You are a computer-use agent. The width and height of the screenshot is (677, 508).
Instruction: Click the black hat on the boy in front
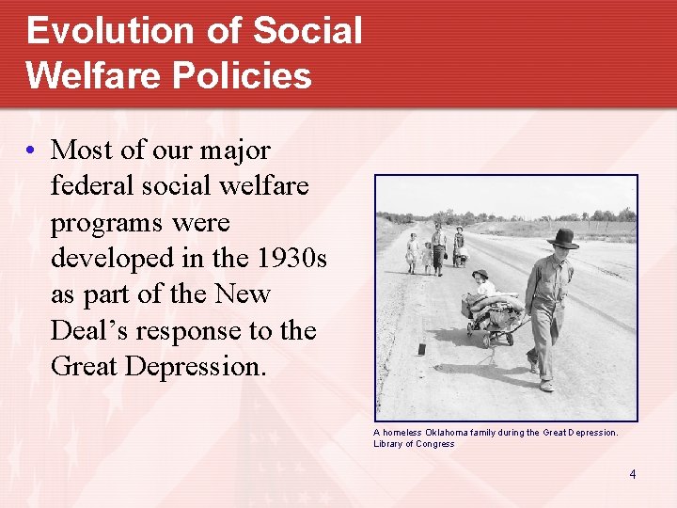point(563,238)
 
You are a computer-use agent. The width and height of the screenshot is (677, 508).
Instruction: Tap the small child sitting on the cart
point(481,283)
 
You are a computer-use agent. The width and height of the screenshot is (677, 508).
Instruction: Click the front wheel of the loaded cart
point(487,337)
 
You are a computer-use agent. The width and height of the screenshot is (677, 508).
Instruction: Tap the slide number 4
point(633,474)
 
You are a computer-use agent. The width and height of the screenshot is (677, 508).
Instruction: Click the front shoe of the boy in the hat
point(546,386)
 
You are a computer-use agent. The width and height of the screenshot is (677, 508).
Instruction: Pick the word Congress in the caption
point(435,444)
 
